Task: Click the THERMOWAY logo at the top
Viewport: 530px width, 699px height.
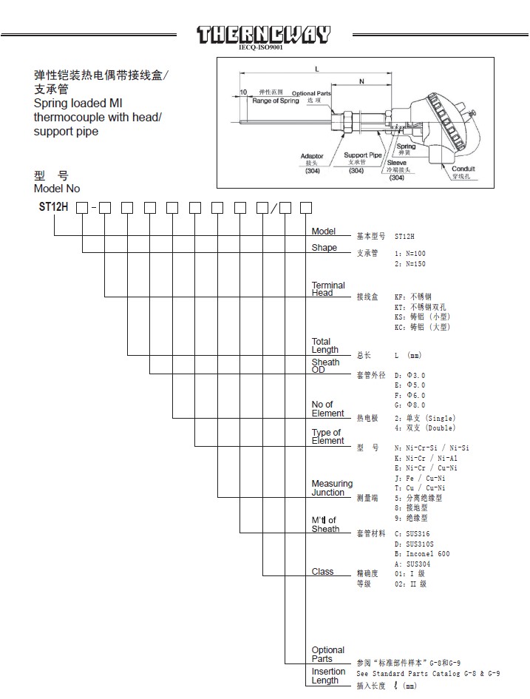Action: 264,35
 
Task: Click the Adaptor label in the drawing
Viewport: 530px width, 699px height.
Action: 312,156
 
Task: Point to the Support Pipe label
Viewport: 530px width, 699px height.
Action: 362,155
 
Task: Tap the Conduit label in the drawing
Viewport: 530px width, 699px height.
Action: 463,169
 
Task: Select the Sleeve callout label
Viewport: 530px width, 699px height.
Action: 396,163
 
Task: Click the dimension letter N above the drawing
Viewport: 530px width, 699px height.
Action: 361,81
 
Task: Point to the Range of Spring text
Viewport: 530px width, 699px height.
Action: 276,101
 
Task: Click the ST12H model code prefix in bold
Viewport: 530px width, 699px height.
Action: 53,207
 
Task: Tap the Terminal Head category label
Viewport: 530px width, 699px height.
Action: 328,289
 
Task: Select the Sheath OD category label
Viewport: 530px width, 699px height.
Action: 325,366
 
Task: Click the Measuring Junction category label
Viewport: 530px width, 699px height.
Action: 332,487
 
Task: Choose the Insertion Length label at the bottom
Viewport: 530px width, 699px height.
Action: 328,676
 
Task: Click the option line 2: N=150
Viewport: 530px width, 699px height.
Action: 410,264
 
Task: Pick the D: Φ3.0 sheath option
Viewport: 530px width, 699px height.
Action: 410,375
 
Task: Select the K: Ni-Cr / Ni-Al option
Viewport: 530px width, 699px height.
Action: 426,459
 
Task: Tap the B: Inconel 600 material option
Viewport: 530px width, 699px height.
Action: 422,554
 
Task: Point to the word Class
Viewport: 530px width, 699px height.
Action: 322,572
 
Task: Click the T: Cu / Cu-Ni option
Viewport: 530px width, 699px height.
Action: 420,488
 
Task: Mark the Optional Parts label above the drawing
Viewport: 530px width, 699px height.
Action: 311,93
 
